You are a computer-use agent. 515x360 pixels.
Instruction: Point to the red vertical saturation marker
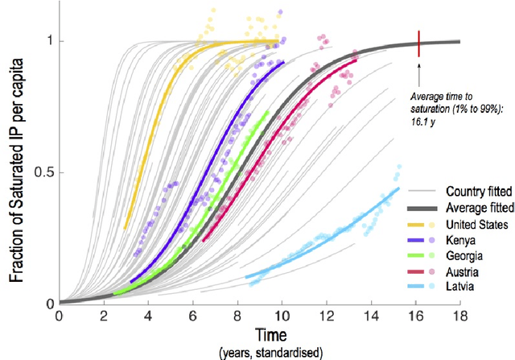pyautogui.click(x=418, y=44)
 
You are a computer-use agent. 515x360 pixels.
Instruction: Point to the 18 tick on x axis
pyautogui.click(x=459, y=316)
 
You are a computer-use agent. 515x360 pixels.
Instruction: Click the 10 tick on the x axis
pyautogui.click(x=281, y=316)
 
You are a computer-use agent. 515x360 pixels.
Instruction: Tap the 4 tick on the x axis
pyautogui.click(x=147, y=316)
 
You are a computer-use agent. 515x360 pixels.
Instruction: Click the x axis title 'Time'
pyautogui.click(x=259, y=335)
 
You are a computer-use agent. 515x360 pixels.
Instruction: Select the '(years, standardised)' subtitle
pyautogui.click(x=259, y=353)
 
